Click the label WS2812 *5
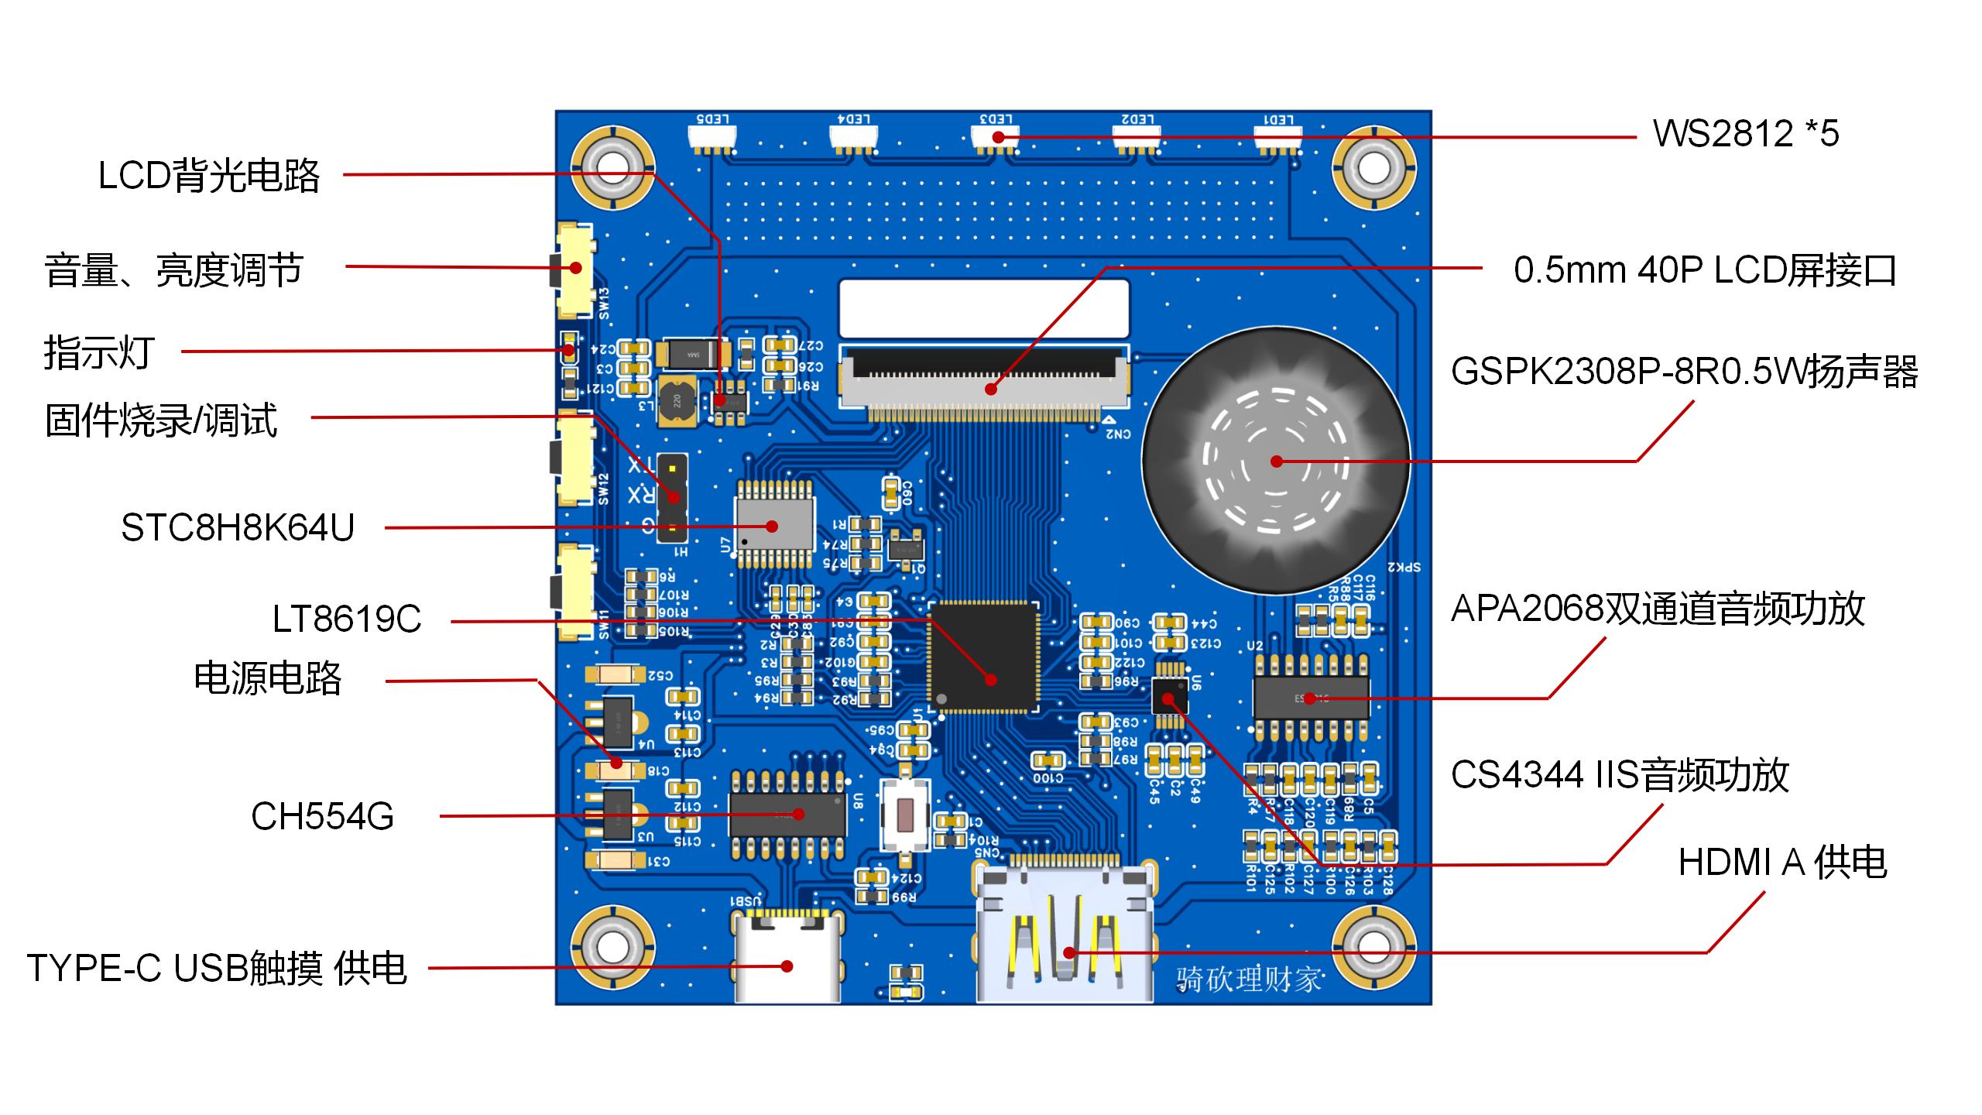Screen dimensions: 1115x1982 (x=1745, y=133)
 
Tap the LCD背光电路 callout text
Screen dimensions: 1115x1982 (x=209, y=176)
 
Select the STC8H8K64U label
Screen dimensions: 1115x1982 (x=238, y=528)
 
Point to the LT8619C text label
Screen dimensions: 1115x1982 (x=347, y=619)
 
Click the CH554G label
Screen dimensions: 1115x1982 (x=322, y=816)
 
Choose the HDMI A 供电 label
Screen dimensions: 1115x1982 (x=1782, y=863)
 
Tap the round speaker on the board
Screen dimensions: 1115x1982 (x=1276, y=462)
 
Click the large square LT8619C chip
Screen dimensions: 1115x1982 (x=984, y=657)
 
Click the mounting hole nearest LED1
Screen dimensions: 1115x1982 (x=1373, y=168)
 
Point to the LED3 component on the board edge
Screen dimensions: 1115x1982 (x=996, y=138)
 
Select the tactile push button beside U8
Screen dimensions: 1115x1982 (x=904, y=815)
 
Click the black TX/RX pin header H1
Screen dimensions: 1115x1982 (x=673, y=498)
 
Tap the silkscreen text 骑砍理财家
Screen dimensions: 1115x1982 (x=1249, y=979)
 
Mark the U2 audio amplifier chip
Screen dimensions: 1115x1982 (x=1311, y=698)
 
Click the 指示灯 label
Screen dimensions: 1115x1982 (x=99, y=352)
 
